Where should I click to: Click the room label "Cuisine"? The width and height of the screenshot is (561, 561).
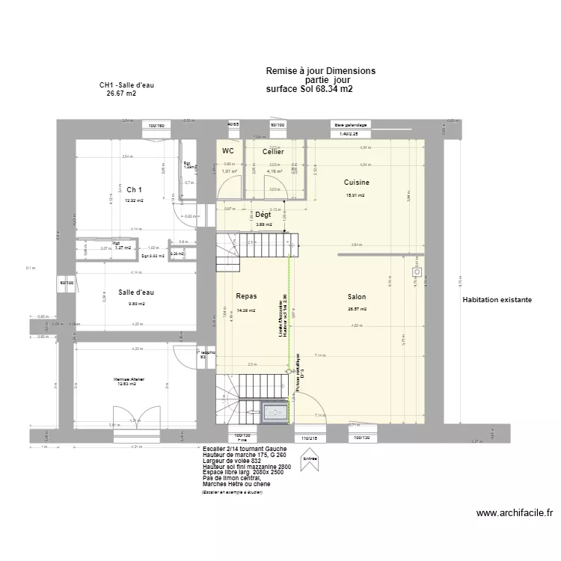[x=356, y=182]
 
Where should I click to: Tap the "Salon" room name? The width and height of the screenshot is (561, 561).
[x=357, y=296]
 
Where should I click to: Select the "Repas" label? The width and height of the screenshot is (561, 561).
[x=246, y=296]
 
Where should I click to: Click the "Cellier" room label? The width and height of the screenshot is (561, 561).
[x=272, y=152]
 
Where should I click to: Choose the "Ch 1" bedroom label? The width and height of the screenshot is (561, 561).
[x=134, y=189]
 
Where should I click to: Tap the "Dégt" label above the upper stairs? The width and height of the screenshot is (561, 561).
[x=263, y=214]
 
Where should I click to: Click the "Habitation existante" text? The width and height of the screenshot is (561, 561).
[x=497, y=300]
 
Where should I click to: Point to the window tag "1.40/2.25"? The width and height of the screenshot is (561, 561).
[x=349, y=134]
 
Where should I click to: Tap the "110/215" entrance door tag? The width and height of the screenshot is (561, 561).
[x=310, y=438]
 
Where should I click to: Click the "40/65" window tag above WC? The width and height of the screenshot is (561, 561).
[x=233, y=124]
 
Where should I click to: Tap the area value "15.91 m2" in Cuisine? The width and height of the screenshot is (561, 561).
[x=355, y=196]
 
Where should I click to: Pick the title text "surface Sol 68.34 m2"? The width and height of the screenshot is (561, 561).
[x=309, y=89]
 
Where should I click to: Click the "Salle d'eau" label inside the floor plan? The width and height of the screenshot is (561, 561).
[x=136, y=292]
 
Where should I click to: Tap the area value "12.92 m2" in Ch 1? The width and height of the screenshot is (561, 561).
[x=133, y=200]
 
